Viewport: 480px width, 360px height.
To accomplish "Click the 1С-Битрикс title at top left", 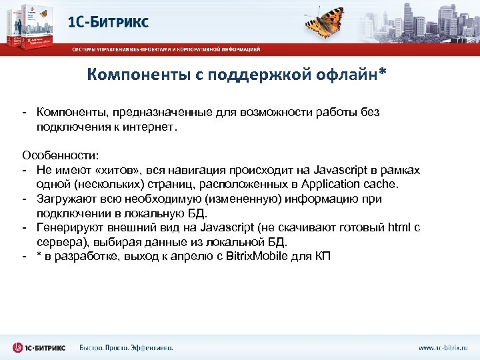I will [109, 21].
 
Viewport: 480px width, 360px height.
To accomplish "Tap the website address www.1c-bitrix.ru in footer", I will [443, 347].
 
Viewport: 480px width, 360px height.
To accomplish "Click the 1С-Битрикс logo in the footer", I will [41, 347].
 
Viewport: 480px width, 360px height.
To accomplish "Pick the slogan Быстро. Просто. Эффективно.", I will [126, 347].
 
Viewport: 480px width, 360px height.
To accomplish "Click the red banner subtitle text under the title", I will [167, 49].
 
